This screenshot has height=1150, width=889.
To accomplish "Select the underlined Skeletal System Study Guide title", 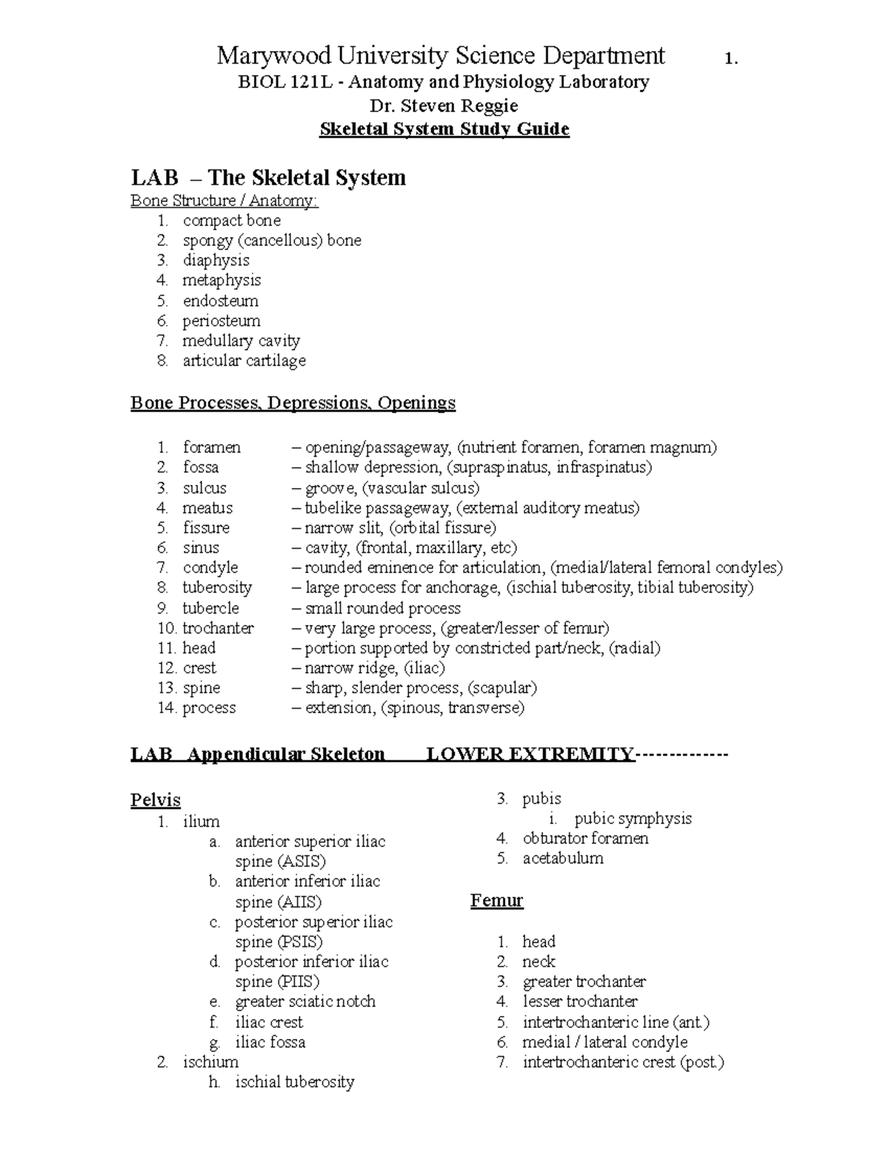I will click(444, 130).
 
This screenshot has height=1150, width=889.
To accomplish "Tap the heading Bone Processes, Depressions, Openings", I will click(293, 403).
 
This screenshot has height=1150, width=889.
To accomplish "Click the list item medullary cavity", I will click(241, 341).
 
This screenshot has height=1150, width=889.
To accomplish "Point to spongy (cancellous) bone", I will click(272, 241).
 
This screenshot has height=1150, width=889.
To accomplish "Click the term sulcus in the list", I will click(204, 488).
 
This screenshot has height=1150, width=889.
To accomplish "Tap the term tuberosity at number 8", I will click(217, 588).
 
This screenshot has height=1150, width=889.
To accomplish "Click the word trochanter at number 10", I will click(218, 628).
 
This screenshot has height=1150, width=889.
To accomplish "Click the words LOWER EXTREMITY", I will click(530, 755).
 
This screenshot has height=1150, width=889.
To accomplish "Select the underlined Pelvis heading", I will click(155, 800).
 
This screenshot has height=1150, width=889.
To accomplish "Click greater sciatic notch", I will click(305, 1002).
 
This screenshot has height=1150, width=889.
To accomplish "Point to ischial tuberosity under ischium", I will click(294, 1082).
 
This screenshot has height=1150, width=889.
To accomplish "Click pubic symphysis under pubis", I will click(633, 819).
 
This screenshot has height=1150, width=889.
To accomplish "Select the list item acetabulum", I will click(563, 859).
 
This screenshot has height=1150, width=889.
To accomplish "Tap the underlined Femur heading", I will click(496, 901).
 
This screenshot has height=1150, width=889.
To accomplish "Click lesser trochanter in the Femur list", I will click(580, 1002).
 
